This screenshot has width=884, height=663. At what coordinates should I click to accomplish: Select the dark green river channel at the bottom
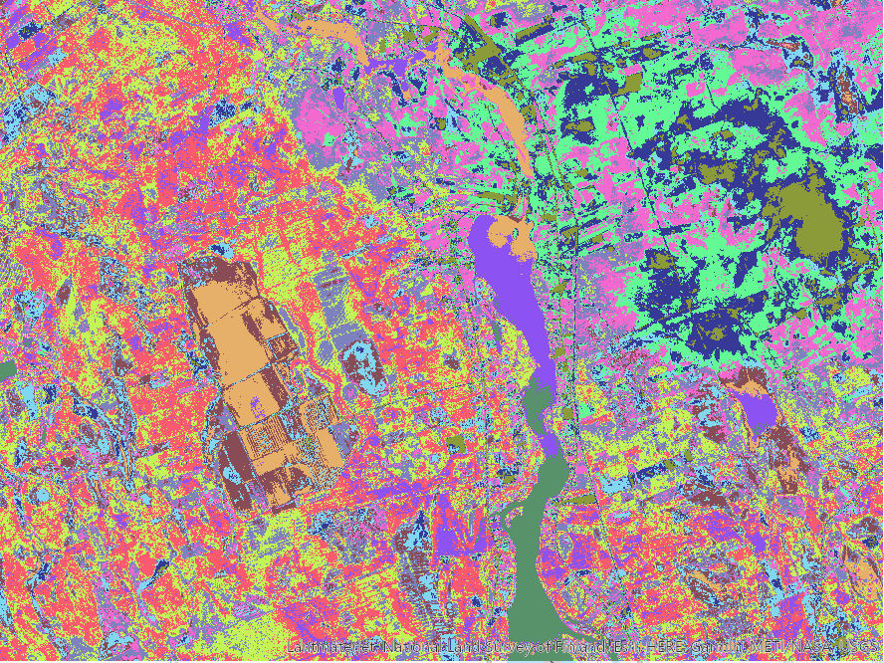(534, 557)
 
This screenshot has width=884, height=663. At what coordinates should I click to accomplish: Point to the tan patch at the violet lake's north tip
(511, 237)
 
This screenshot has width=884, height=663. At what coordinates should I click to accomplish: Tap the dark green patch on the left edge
(6, 371)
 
